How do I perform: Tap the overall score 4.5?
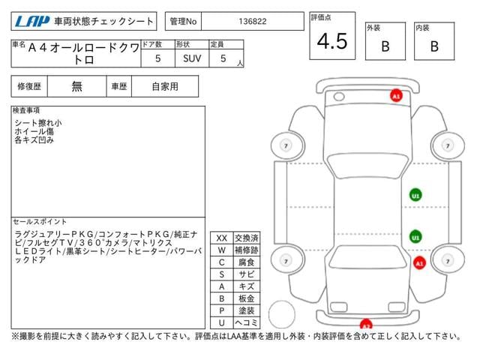(x=332, y=42)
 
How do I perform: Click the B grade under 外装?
(x=385, y=46)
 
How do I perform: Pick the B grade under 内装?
(x=433, y=46)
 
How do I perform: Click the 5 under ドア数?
(x=157, y=58)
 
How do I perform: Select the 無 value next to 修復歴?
(x=77, y=86)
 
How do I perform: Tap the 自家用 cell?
(x=165, y=86)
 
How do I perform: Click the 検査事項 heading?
(x=28, y=110)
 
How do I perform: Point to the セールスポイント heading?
(x=41, y=222)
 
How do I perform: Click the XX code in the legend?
(x=221, y=238)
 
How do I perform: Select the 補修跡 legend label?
(x=245, y=250)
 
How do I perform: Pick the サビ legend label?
(x=245, y=274)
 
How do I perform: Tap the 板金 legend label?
(x=245, y=298)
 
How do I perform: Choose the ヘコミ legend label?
(x=245, y=322)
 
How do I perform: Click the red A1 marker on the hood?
(x=395, y=95)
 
